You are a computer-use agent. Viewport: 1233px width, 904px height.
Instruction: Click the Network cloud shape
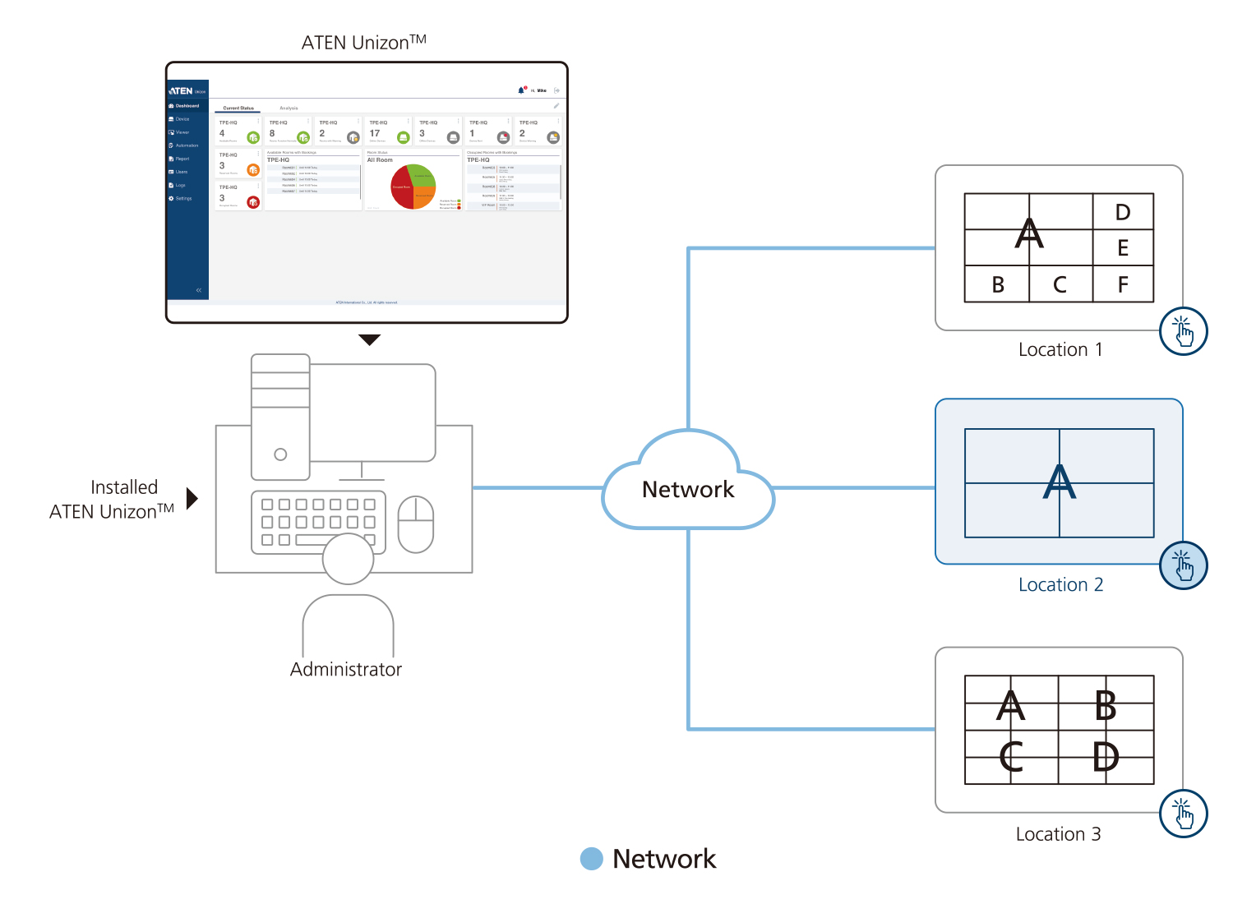pos(688,488)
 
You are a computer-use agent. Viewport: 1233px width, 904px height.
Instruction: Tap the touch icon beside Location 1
pos(1183,331)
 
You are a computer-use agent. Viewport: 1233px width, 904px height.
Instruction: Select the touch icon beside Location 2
pos(1183,565)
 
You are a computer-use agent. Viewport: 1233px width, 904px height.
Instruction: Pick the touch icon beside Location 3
pos(1183,814)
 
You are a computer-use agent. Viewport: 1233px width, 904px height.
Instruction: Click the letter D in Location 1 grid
pos(1123,212)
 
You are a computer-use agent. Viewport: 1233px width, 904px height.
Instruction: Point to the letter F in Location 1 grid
pos(1123,285)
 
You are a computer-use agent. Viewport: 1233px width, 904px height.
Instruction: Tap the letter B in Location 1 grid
pos(998,285)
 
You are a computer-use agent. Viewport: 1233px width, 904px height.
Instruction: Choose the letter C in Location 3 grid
pos(1011,757)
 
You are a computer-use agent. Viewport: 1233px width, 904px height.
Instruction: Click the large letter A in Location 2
pos(1059,482)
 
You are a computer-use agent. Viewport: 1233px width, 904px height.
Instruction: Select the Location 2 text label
pos(1060,584)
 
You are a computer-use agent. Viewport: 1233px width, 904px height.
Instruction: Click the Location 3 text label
pos(1058,834)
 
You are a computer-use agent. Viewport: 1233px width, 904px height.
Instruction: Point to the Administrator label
pos(346,670)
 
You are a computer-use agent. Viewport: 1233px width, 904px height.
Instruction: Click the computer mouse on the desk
pos(416,524)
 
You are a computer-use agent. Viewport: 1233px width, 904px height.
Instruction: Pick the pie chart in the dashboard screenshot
pos(413,187)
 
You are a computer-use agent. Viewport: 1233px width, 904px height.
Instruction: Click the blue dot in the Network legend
pos(592,859)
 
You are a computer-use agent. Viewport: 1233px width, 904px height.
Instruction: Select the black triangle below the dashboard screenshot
pos(370,339)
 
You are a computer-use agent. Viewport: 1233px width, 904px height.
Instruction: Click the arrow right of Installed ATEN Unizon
pos(192,499)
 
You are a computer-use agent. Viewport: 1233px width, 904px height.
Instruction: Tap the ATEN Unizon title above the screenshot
pos(363,43)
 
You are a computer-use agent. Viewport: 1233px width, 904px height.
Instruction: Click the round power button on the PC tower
pos(280,454)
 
